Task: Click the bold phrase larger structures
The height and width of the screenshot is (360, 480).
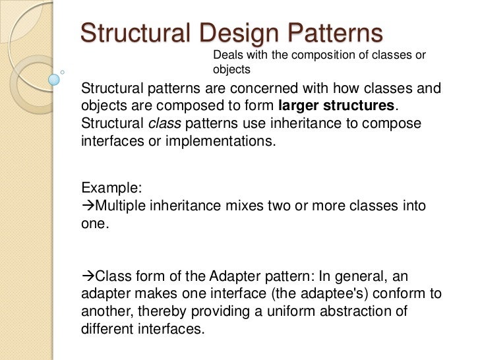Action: (337, 107)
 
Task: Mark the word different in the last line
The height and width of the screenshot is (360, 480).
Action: (104, 326)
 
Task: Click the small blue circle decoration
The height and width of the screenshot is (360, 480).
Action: (54, 80)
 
